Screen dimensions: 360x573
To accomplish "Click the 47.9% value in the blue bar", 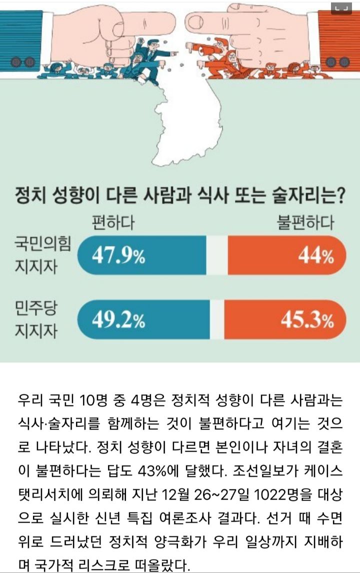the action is click(x=118, y=255).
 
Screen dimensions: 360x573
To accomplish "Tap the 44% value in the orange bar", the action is click(x=316, y=255).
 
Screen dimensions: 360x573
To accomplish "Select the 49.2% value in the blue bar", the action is click(x=118, y=320).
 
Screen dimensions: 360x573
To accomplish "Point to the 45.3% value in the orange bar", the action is click(x=307, y=320).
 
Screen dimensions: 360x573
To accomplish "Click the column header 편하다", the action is click(x=113, y=222).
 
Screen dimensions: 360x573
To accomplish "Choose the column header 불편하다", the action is click(x=305, y=222).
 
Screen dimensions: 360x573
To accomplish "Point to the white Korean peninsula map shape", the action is click(x=186, y=120).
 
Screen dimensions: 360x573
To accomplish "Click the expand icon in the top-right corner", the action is click(x=341, y=8).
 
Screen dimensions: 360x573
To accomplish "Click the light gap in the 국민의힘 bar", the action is click(x=217, y=255).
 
